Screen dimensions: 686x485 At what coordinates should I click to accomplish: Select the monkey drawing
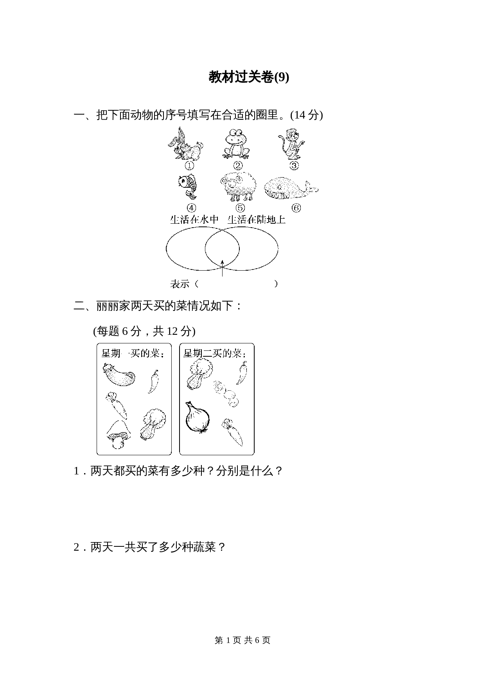(x=291, y=144)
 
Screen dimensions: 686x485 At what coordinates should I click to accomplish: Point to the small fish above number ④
(x=188, y=187)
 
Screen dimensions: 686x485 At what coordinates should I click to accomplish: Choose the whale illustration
(x=290, y=189)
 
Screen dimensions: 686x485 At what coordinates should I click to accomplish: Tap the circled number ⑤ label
(x=240, y=208)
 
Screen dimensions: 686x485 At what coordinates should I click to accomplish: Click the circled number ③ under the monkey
(x=294, y=165)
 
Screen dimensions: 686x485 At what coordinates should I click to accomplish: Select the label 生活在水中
(x=194, y=219)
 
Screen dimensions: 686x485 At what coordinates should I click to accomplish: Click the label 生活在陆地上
(x=257, y=219)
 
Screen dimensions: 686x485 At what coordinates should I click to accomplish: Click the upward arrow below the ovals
(x=222, y=268)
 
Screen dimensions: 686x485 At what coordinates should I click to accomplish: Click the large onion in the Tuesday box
(x=197, y=418)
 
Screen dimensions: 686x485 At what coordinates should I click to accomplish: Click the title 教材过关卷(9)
(x=249, y=77)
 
